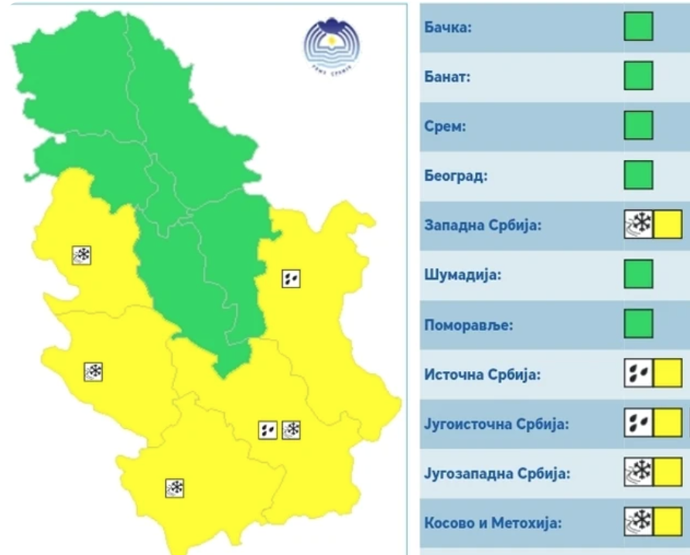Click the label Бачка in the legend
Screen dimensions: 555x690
coord(448,27)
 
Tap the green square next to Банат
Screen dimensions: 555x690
coord(638,76)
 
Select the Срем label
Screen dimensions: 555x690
coord(446,126)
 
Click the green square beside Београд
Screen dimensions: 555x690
coord(638,175)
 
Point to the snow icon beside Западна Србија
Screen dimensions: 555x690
coord(639,224)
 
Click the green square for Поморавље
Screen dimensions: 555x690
coord(638,323)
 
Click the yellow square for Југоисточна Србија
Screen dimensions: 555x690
coord(668,423)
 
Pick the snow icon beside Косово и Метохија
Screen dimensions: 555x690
coord(639,522)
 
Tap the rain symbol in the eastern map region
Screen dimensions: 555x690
coord(291,278)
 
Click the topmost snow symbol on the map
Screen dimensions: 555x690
coord(81,255)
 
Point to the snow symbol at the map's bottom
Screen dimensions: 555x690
coord(175,488)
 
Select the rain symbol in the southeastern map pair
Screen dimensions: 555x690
coord(268,429)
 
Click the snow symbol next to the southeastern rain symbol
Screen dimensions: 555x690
coord(292,429)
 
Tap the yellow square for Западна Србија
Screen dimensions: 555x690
coord(668,224)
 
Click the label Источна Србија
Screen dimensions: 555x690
coord(483,374)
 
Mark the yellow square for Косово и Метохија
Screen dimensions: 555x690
coord(668,522)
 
